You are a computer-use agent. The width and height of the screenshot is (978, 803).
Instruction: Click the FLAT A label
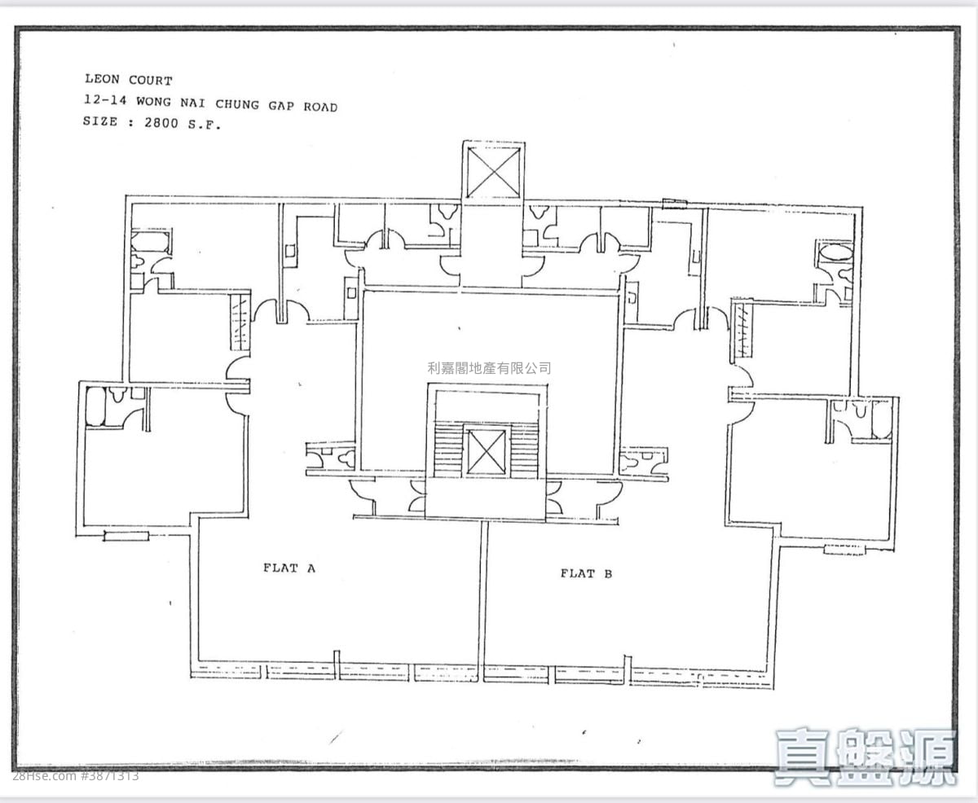click(289, 568)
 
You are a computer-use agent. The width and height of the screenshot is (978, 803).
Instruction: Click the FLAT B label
click(586, 573)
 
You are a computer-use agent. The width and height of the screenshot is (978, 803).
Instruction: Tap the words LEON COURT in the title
click(129, 80)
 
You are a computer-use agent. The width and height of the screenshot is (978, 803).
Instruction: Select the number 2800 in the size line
click(161, 123)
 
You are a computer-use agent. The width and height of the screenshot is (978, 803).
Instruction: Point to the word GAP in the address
click(281, 106)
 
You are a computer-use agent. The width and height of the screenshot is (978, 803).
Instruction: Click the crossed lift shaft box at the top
click(493, 173)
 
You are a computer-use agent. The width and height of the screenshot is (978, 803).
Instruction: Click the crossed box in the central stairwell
click(486, 452)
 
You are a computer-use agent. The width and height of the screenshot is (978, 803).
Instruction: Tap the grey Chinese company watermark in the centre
click(489, 368)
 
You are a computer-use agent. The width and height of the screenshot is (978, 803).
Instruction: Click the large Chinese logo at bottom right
click(866, 757)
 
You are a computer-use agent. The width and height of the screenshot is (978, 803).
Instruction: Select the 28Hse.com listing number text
click(76, 775)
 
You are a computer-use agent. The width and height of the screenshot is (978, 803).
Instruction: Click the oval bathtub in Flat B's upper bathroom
click(835, 254)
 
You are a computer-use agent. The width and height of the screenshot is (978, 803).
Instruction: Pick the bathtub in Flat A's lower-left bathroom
click(96, 406)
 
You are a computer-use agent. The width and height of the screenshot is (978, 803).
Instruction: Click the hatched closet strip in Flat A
click(240, 322)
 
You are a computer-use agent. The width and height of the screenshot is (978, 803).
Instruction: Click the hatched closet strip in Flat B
click(742, 331)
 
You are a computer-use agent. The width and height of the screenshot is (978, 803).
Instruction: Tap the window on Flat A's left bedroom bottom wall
click(126, 536)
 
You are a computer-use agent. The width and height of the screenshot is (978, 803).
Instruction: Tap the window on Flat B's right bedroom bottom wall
click(845, 550)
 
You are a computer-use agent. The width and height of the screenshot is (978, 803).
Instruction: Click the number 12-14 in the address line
click(105, 100)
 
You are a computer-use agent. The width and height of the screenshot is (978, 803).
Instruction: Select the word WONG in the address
click(153, 102)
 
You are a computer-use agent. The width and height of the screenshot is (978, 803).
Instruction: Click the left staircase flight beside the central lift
click(448, 450)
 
